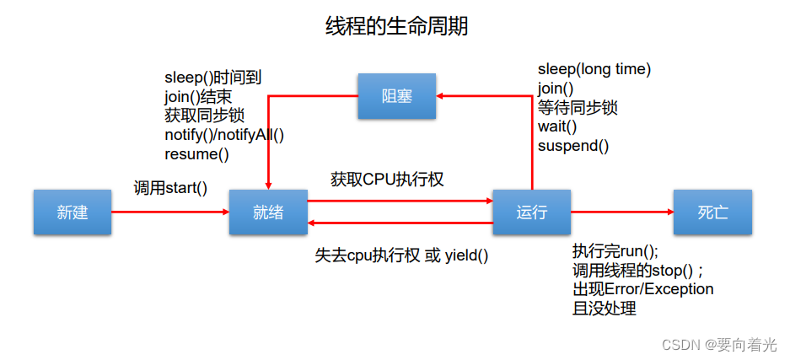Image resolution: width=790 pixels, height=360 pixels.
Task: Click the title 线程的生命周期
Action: pos(396,27)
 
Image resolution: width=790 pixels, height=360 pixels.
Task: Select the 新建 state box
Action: pos(72,212)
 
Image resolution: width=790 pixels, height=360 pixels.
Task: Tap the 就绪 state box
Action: pos(268,212)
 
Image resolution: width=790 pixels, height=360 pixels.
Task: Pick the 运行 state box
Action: pos(531,212)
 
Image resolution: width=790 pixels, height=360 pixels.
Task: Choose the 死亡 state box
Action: pos(712,212)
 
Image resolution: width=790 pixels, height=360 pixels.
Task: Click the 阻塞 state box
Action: pos(397,95)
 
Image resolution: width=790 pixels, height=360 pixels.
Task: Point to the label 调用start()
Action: pos(170,187)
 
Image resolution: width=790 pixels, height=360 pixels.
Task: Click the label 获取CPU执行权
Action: pos(387,179)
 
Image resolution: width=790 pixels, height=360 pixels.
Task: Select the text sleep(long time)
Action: pos(594,69)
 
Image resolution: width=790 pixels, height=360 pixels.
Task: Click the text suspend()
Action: pos(573,146)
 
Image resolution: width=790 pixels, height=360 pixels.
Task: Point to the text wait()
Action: pos(557,126)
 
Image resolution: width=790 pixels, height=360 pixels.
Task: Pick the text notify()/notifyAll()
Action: pos(224,135)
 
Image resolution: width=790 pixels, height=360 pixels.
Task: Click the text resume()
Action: pos(196,153)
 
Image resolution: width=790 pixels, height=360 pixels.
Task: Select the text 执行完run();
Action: pos(615,251)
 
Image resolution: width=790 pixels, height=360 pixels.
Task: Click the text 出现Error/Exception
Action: pos(642,289)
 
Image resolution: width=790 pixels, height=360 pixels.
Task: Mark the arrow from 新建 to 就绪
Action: pos(169,212)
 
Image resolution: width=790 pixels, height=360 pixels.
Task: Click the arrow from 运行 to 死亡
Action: pos(621,212)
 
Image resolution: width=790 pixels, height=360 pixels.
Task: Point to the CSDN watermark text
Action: pos(719,345)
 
